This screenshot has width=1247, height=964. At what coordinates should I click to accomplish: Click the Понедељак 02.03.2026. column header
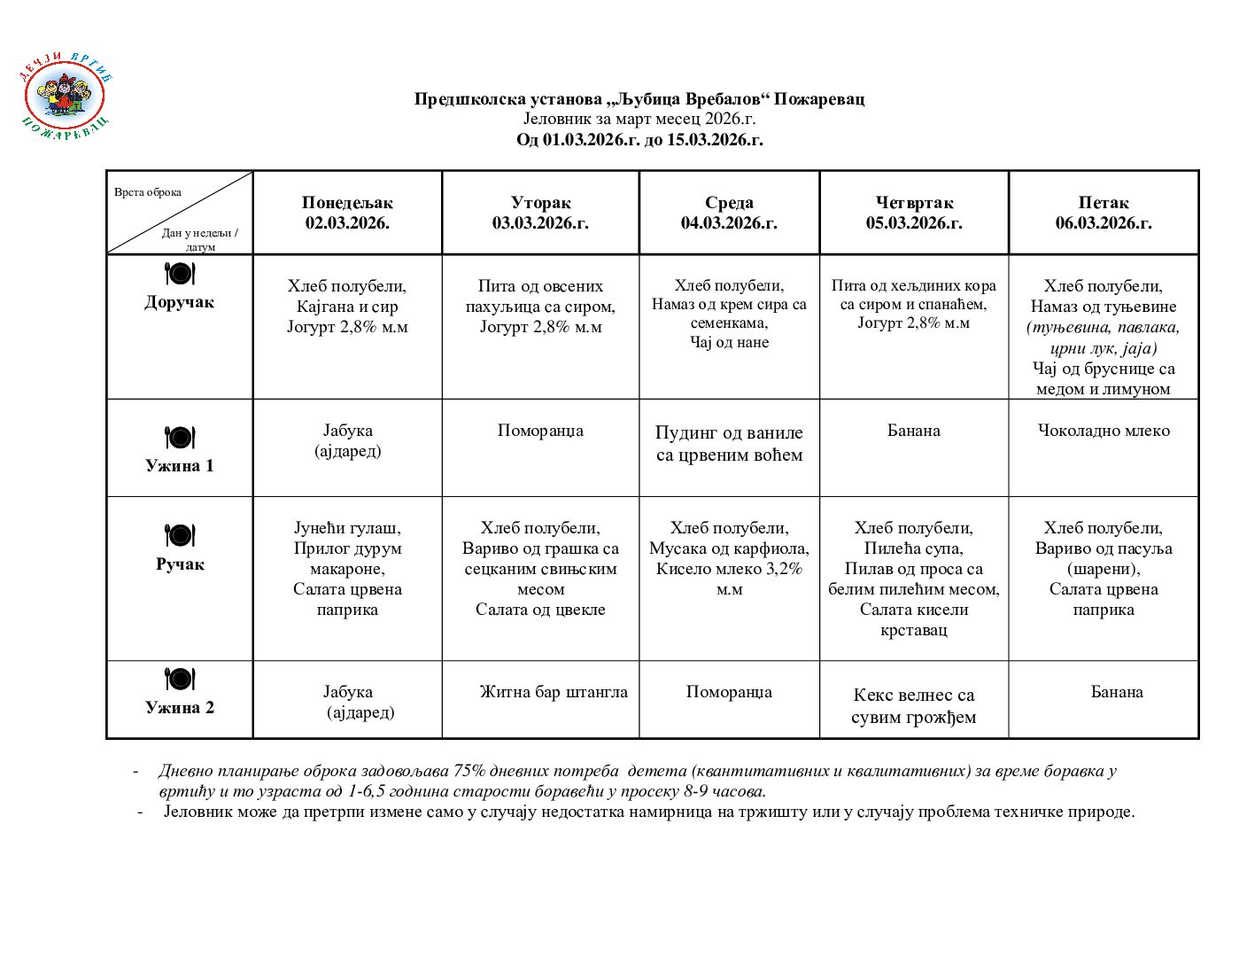tap(347, 213)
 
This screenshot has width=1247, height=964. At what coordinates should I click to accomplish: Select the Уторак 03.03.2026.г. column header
tap(540, 213)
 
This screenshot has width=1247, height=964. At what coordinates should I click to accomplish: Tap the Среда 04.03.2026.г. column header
tap(729, 213)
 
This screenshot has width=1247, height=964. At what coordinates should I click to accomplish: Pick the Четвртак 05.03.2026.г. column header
tap(914, 213)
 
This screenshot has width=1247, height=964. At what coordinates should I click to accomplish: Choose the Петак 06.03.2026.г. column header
tap(1104, 213)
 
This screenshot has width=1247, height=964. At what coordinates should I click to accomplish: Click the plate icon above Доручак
tap(180, 274)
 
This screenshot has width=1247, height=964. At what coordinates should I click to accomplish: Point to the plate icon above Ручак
tap(180, 536)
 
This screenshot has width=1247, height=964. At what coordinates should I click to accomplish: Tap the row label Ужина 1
tap(180, 465)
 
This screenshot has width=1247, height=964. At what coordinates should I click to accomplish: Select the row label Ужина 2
tap(180, 707)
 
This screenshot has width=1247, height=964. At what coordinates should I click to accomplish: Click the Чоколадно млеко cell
tap(1104, 431)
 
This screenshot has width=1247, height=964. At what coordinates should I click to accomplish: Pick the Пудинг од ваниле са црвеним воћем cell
tap(729, 444)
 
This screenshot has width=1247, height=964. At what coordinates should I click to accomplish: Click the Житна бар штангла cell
tap(554, 692)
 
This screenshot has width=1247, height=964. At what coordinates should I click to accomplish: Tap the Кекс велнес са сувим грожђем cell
tap(914, 706)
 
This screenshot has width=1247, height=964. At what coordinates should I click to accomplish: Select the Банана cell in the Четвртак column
tap(914, 431)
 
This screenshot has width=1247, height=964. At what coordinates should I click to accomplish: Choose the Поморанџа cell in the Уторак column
tap(540, 431)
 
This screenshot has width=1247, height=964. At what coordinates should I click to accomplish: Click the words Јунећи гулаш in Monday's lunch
tap(347, 528)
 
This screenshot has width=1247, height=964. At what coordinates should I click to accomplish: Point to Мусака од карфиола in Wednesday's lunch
tap(729, 548)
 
